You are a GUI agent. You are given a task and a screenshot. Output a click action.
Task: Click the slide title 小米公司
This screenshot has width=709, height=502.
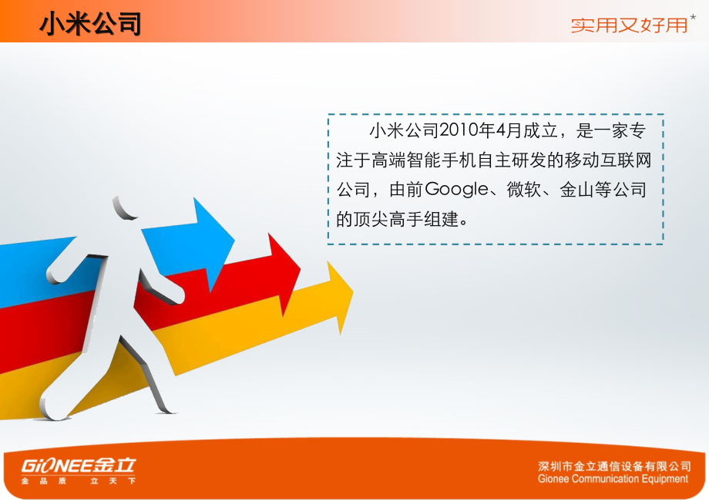[90, 23]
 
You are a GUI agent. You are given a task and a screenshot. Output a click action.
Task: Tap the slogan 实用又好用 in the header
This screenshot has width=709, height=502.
[629, 25]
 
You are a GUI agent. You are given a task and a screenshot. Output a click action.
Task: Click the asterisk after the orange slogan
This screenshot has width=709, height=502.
[693, 18]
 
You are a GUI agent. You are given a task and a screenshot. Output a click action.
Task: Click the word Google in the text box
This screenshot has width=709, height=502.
[457, 190]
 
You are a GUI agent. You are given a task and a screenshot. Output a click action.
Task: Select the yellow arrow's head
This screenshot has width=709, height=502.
[340, 296]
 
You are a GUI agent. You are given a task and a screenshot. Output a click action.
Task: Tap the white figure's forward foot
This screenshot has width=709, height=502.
[53, 404]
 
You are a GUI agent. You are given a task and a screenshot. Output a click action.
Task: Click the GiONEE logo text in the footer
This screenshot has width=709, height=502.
[79, 465]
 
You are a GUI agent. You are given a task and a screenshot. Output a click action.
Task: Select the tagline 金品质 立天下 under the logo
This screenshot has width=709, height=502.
[79, 480]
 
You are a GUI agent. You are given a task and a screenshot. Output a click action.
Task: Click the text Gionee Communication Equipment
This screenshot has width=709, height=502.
[613, 479]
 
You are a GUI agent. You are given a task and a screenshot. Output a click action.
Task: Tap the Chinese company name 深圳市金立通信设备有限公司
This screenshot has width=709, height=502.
[614, 467]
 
